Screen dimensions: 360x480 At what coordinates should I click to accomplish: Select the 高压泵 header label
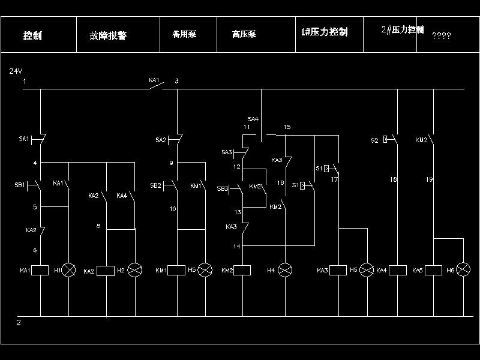tap(244, 34)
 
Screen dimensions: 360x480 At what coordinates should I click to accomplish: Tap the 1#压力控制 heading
tap(325, 32)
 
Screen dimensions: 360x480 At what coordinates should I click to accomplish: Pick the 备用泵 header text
tap(184, 34)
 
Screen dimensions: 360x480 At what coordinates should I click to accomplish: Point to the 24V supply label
tap(16, 71)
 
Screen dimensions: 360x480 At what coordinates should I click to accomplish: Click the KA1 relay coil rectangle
tap(40, 271)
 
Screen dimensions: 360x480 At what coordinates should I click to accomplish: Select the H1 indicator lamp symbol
tap(70, 271)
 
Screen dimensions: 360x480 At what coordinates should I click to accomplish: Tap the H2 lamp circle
tap(135, 271)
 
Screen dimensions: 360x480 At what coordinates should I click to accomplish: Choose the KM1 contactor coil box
tap(176, 271)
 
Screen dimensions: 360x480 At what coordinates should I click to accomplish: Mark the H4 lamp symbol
tap(285, 271)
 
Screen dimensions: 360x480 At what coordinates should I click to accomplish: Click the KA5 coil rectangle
tap(433, 271)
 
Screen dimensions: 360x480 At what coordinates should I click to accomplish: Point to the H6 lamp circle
tap(463, 271)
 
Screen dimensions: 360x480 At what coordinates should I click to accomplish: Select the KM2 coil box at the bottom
tap(242, 271)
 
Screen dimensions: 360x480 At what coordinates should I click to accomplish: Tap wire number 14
tap(237, 246)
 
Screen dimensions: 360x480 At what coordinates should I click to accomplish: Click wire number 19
tap(430, 179)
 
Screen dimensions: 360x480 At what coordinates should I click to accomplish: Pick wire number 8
tap(98, 226)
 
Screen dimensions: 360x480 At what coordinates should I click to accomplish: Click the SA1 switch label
tap(24, 139)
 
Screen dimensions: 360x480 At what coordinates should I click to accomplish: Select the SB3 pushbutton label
tap(223, 189)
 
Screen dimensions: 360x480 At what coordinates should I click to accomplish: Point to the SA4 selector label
tap(253, 119)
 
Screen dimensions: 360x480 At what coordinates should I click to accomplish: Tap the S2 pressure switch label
tap(374, 140)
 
